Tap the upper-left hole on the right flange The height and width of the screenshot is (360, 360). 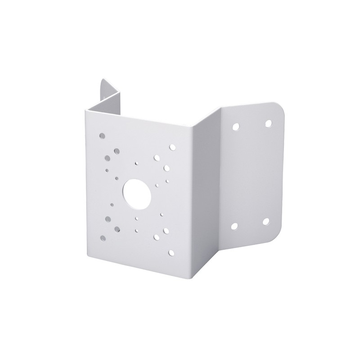click(x=235, y=127)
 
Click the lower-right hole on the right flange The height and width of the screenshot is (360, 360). click(x=266, y=221)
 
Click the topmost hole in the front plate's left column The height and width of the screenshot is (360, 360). click(x=103, y=135)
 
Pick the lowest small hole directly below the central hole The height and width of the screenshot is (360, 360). click(x=136, y=230)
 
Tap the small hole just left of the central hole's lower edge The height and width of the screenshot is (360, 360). click(x=112, y=204)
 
